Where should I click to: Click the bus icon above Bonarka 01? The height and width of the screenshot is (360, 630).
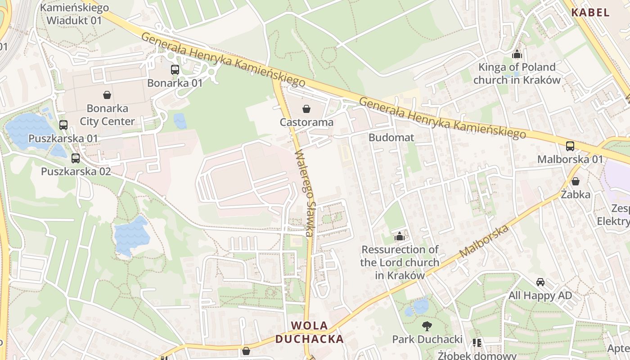tap(175, 70)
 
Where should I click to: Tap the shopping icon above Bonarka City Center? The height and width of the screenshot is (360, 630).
tap(107, 95)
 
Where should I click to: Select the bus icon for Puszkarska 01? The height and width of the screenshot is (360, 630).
tap(63, 125)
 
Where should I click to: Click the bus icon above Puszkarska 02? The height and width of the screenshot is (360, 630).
tap(76, 158)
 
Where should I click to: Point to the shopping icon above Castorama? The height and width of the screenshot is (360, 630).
tap(306, 109)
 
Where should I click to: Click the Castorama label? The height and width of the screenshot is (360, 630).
tap(306, 122)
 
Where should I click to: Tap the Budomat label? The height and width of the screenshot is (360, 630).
tap(391, 138)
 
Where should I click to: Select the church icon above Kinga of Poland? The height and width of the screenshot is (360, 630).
tap(517, 54)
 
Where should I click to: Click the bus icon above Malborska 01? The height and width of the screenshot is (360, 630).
tap(570, 146)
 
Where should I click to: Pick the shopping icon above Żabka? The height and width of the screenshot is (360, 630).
tap(576, 181)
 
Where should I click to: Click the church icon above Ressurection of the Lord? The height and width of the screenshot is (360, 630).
tap(399, 236)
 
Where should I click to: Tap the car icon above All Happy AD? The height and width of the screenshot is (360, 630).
tap(540, 282)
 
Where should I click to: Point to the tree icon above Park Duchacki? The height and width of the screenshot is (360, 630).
tap(427, 326)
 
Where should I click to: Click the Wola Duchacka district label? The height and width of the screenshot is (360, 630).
tap(310, 332)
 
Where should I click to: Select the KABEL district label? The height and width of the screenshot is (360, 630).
tap(590, 13)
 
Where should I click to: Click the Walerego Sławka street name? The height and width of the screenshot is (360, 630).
tap(304, 193)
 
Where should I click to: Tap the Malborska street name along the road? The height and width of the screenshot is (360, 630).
tap(484, 241)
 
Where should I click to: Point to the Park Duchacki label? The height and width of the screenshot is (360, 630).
tap(427, 339)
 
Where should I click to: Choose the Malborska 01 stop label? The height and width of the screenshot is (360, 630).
tap(570, 159)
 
